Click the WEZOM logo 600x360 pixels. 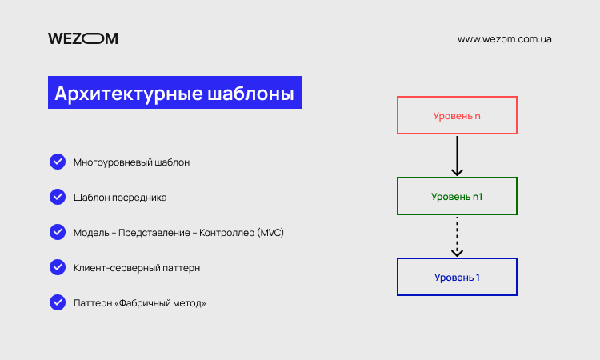tap(83, 38)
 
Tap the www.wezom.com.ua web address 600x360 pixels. tap(504, 39)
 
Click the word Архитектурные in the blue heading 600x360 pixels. tap(129, 94)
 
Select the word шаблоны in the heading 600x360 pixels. tap(250, 94)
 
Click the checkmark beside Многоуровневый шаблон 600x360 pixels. tap(58, 162)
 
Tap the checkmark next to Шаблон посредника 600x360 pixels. tap(58, 197)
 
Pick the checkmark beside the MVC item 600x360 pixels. tap(58, 232)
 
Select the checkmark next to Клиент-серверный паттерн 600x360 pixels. tap(58, 267)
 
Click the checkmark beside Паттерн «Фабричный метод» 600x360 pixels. tap(58, 302)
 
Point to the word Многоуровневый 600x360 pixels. tap(113, 162)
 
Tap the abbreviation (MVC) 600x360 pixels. tap(270, 233)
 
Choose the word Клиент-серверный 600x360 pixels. tap(117, 268)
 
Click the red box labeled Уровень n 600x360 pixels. tap(457, 98)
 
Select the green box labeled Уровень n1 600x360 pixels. tap(457, 178)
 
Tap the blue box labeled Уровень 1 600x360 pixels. tap(457, 259)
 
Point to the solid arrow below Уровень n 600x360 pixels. tap(457, 156)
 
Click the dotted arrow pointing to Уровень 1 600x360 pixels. tap(457, 237)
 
